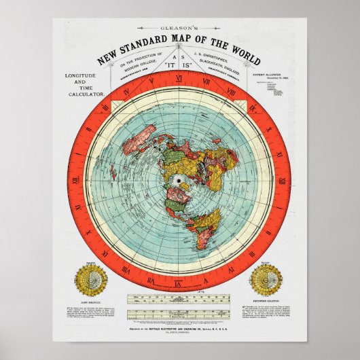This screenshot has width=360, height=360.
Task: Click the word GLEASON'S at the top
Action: point(179,29)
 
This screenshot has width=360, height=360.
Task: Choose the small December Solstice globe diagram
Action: point(266,278)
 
